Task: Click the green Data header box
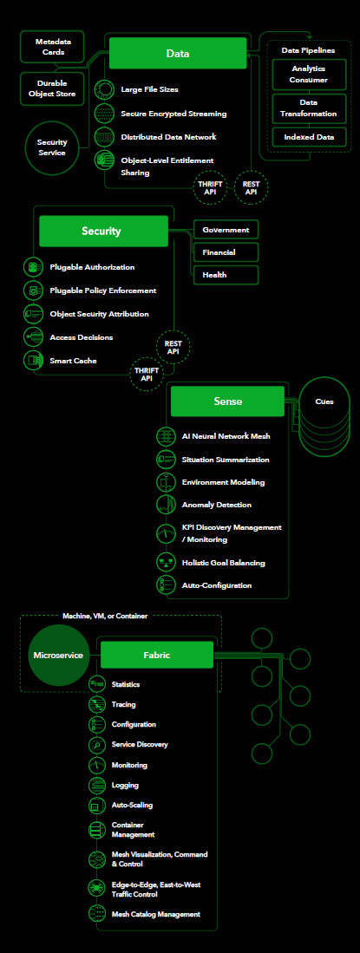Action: click(178, 54)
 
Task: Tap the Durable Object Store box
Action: click(52, 88)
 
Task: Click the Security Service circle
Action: click(52, 147)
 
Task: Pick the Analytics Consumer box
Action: click(309, 75)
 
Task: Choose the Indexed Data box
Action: click(309, 137)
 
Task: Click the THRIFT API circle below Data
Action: click(211, 187)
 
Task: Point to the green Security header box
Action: click(103, 231)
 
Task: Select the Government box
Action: click(226, 230)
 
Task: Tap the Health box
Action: click(226, 275)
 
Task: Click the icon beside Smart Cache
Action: click(33, 361)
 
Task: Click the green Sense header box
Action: click(227, 401)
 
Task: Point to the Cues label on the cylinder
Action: click(324, 401)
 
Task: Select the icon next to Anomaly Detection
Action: click(166, 505)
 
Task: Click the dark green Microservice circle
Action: click(58, 656)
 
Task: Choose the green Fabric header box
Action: click(157, 656)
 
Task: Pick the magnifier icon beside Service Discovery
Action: click(97, 745)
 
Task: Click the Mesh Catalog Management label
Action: click(155, 913)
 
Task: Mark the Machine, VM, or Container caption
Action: click(105, 616)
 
